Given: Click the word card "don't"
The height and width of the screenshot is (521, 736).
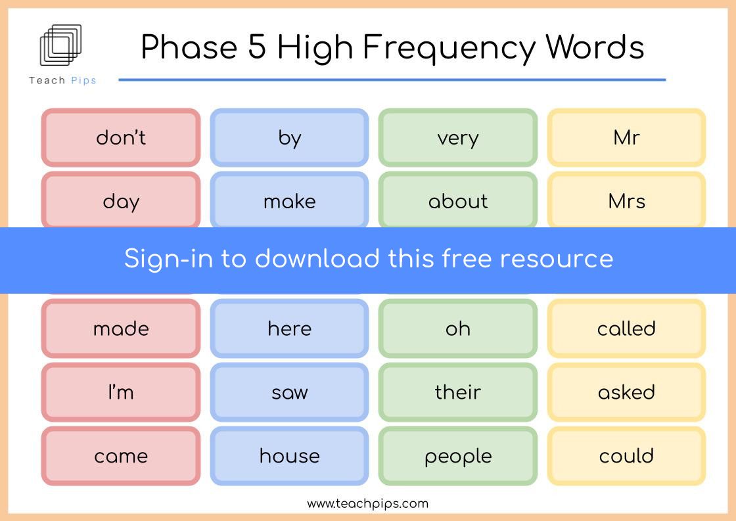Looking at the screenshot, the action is (x=121, y=137).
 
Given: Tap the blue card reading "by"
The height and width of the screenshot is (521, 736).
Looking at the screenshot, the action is (x=290, y=137).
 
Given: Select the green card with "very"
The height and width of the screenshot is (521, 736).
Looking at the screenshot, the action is (x=458, y=137).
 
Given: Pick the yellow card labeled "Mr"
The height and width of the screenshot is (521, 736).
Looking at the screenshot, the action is (x=627, y=137).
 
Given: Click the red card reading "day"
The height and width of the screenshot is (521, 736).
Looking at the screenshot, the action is (x=121, y=200).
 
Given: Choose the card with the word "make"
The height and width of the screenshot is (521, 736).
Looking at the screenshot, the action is (x=290, y=200).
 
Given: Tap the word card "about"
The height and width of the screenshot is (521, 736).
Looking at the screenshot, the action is (x=458, y=200).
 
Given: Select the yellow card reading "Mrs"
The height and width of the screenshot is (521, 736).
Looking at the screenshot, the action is (x=627, y=200).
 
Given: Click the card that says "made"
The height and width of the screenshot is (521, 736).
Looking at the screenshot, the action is (x=121, y=328).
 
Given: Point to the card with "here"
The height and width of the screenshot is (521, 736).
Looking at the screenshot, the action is (x=290, y=328).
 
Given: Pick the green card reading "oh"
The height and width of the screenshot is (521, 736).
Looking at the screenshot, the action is (x=458, y=328).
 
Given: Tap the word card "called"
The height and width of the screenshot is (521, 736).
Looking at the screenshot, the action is (x=627, y=328).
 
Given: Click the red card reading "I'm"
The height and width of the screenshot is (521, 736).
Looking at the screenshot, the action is (x=121, y=392).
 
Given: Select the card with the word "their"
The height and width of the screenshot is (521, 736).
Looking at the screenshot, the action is (x=458, y=392).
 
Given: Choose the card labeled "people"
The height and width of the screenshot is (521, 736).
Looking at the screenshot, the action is (x=458, y=456).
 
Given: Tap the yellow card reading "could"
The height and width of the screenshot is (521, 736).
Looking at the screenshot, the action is (x=627, y=456).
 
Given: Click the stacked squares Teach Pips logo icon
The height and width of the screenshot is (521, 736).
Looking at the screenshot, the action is (x=60, y=45).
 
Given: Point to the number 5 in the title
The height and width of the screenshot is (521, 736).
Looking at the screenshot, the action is (x=257, y=47).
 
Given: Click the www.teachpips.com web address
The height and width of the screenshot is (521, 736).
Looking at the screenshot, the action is (x=367, y=504).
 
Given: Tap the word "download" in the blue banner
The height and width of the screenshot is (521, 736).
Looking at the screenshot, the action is (x=317, y=258).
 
